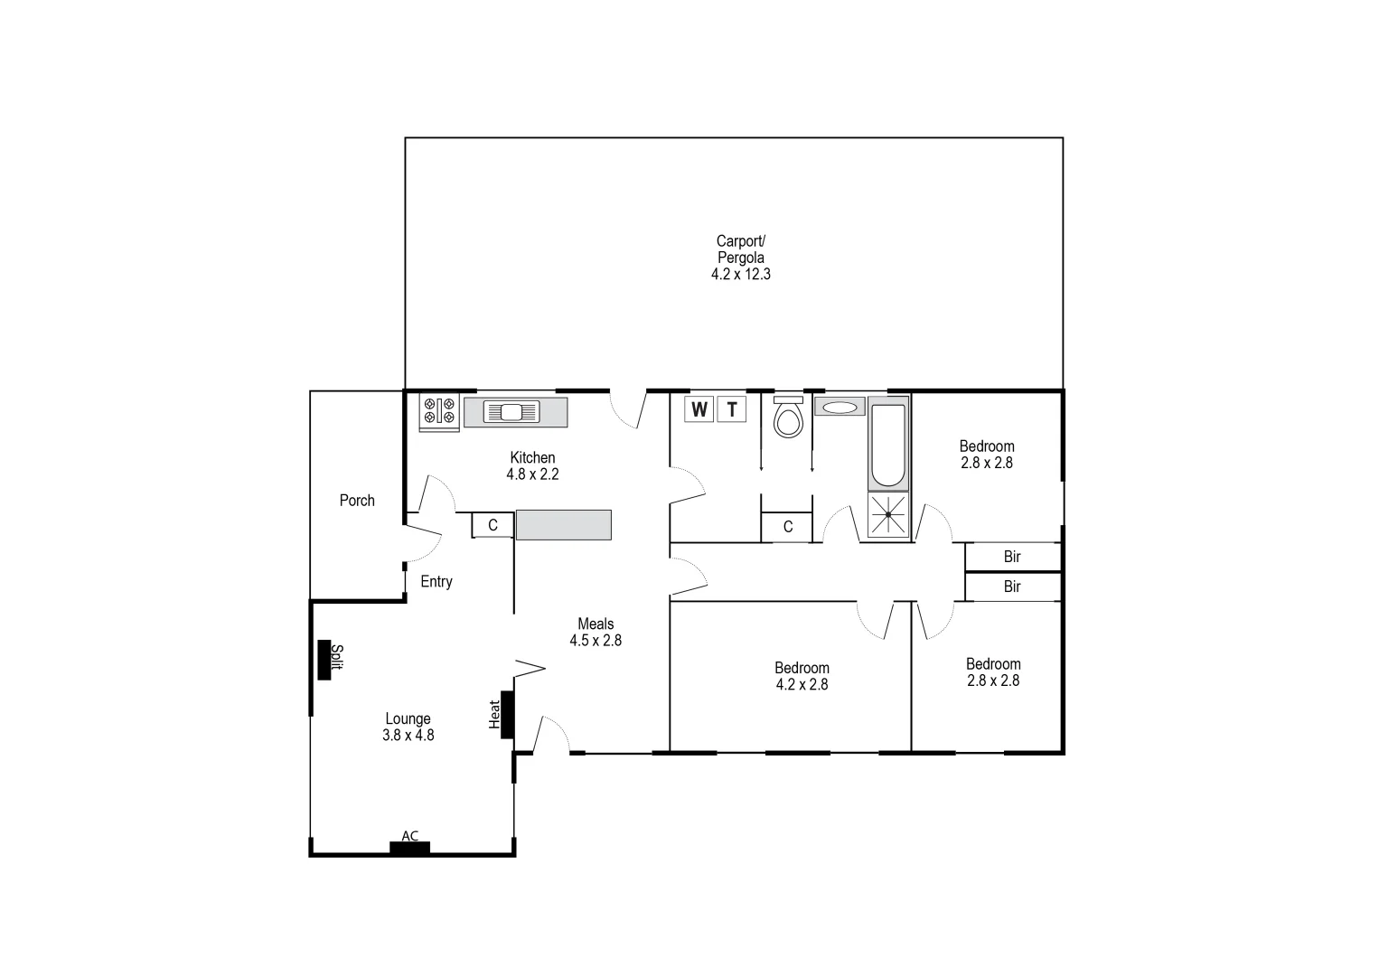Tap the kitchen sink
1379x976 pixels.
coord(511,412)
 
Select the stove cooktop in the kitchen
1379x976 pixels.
coord(439,412)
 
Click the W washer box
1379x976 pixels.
coord(699,409)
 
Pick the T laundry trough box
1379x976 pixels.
coord(732,409)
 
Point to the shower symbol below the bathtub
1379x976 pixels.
coord(888,515)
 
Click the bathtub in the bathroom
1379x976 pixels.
coord(887,444)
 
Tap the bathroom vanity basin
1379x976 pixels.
coord(840,408)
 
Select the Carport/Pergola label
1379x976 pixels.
coord(740,258)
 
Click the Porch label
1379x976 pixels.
coord(357,501)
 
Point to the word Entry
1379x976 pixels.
coord(436,582)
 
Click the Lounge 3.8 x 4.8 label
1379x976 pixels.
coord(408,727)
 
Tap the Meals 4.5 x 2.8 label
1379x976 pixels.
coord(596,632)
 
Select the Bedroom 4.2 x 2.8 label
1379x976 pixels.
coord(802,676)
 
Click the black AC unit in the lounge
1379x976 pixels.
coord(409,847)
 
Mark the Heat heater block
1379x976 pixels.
coord(507,714)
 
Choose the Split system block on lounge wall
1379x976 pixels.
coord(324,660)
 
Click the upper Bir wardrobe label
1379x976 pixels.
coord(1012,557)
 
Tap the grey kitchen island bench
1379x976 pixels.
coord(563,525)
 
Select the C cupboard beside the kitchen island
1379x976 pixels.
coord(493,525)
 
